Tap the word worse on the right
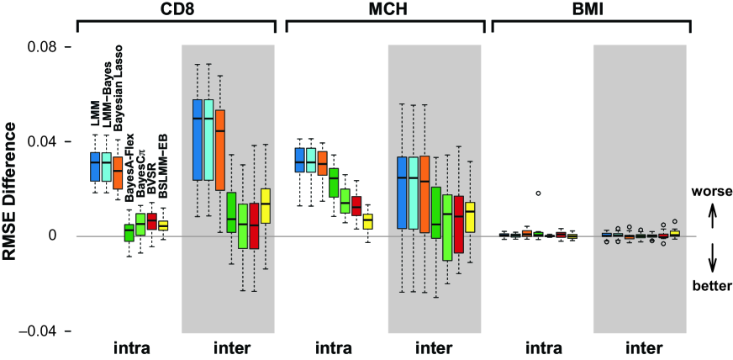[711, 192]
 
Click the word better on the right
[711, 285]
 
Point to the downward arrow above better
[711, 258]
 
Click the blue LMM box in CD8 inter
[197, 140]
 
